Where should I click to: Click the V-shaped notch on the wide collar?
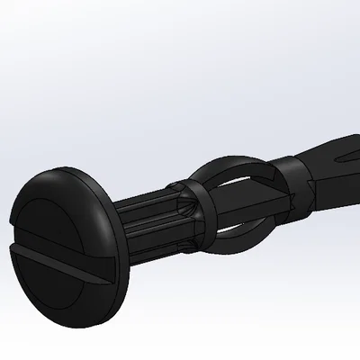point(310,185)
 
